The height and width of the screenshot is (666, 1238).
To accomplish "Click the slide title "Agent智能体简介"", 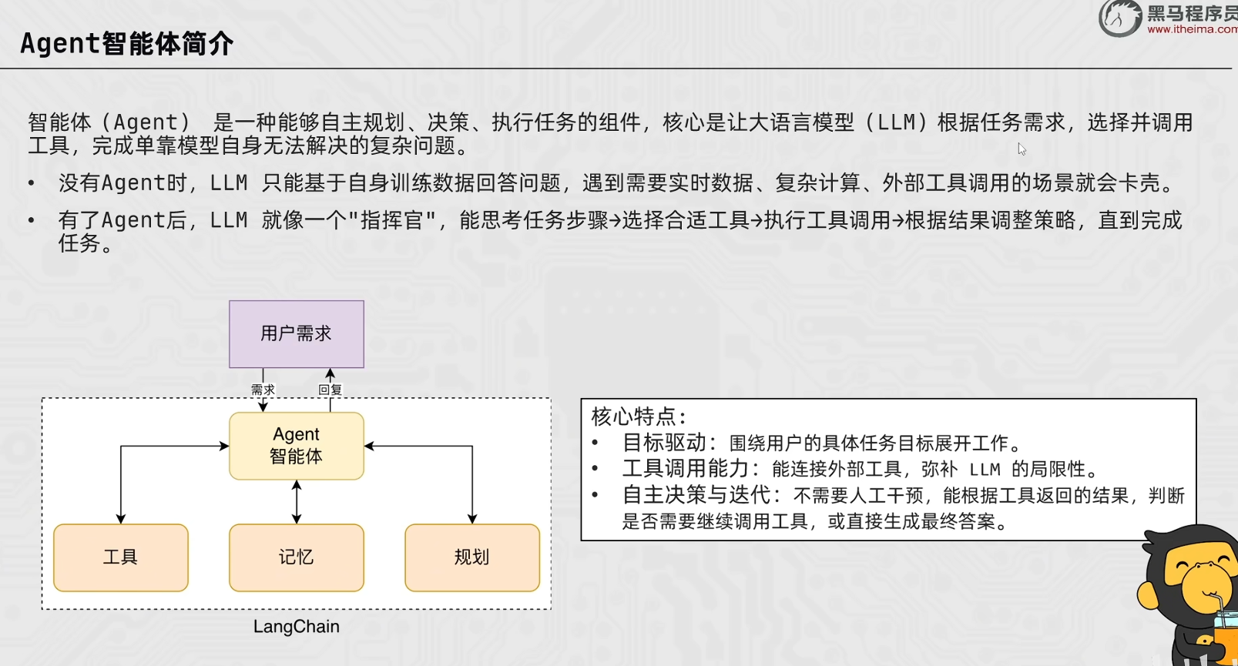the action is (x=126, y=44).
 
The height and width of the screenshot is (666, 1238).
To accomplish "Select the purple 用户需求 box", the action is (x=297, y=334).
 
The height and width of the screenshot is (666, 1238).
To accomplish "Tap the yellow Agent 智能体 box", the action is (x=297, y=446).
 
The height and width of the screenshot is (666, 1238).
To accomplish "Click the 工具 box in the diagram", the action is (x=120, y=557).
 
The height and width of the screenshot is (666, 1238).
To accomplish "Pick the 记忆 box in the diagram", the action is (x=297, y=557).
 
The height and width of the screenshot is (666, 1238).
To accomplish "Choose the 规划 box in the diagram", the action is (x=472, y=557).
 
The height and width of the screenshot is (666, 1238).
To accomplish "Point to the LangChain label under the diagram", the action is (x=297, y=626).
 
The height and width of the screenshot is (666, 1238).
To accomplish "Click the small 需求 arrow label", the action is (x=263, y=390).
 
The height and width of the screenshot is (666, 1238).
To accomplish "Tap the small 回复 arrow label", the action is (x=330, y=390).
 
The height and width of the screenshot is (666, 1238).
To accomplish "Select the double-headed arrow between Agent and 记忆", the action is (x=297, y=501).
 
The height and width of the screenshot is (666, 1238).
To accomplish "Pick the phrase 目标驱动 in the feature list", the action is (x=664, y=443).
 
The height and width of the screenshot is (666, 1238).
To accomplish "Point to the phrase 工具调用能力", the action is (x=686, y=468).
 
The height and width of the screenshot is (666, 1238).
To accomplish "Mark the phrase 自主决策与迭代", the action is (x=696, y=495).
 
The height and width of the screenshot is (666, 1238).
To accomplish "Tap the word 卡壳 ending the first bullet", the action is (x=1139, y=182).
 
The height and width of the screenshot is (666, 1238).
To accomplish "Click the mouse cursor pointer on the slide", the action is (x=1022, y=149).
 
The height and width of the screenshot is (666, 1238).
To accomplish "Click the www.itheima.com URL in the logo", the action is (x=1192, y=29).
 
